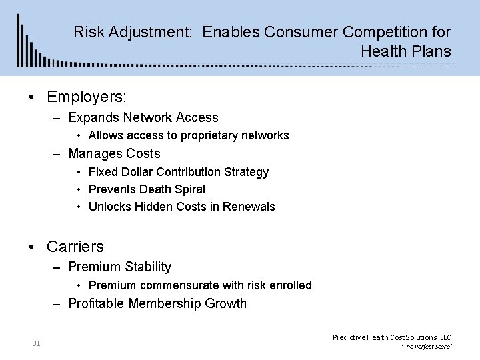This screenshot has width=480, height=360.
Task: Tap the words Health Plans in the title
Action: (406, 51)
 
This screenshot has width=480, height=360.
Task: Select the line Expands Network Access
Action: (143, 118)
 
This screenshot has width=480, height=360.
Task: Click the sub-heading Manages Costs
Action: (114, 153)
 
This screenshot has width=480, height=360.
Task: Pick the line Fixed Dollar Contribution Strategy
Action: (178, 172)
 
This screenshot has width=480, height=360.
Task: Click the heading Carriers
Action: (75, 247)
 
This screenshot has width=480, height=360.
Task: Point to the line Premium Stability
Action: (119, 267)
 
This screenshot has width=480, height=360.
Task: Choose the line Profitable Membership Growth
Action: (157, 304)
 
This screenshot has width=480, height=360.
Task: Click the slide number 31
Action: (36, 343)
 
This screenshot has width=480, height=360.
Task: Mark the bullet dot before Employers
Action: (32, 97)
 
